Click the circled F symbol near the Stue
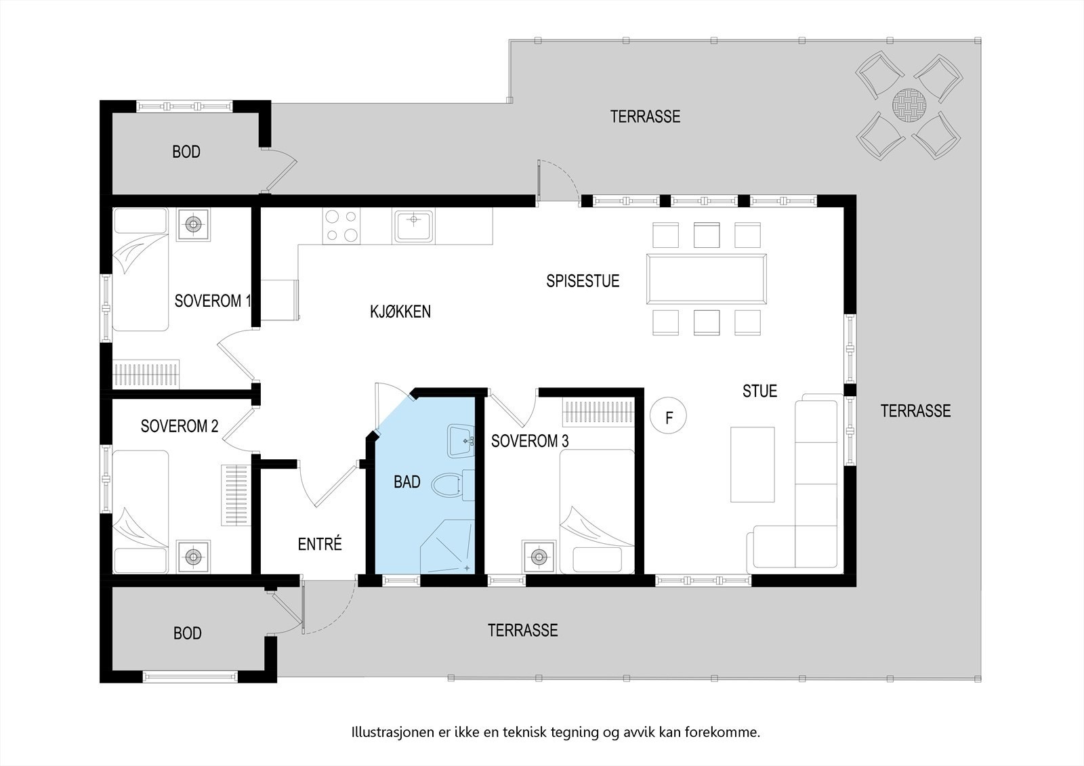click(x=669, y=417)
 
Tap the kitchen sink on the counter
click(x=414, y=226)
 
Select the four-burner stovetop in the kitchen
click(x=341, y=226)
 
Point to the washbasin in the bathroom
click(x=461, y=441)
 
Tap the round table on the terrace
click(x=908, y=105)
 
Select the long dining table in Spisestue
click(x=707, y=279)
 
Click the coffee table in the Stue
click(x=752, y=464)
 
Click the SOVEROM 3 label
click(x=529, y=442)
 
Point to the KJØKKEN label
click(x=400, y=312)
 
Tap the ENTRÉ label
click(x=320, y=544)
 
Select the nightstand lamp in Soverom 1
click(x=193, y=224)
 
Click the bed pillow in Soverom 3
click(x=596, y=559)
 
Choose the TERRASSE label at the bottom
click(x=522, y=631)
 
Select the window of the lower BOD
click(x=190, y=676)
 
